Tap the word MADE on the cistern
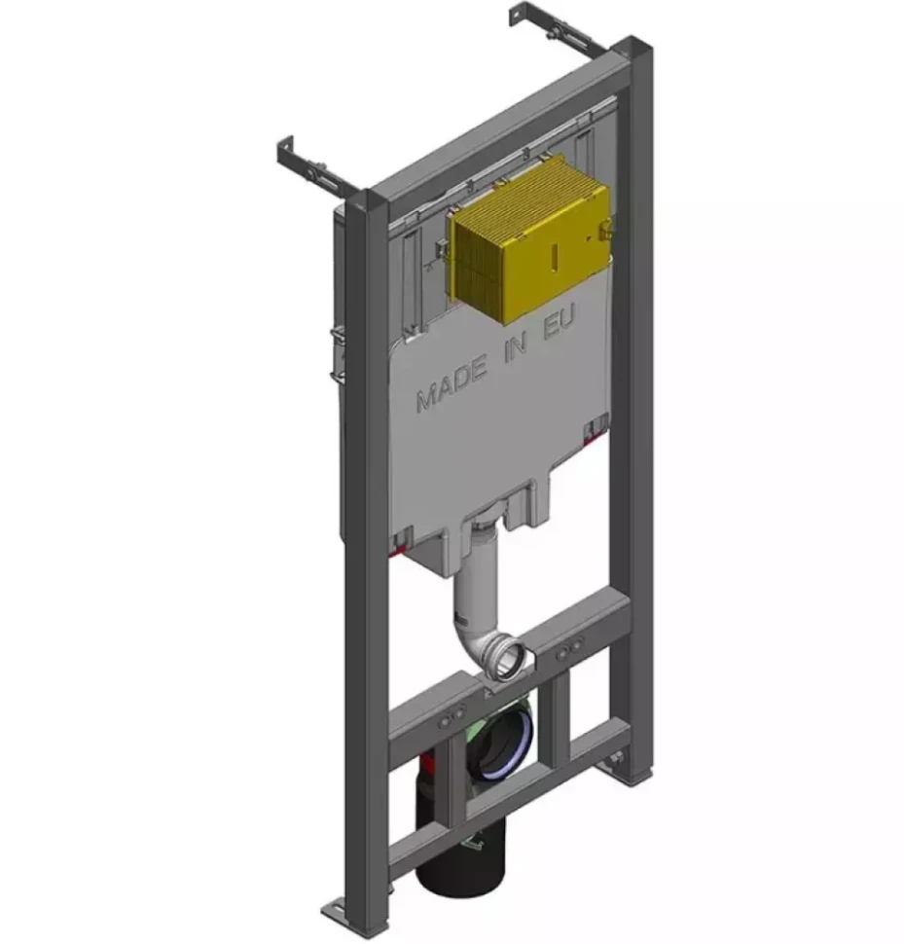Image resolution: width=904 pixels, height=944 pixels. point(452,383)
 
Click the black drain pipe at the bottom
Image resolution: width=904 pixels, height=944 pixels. point(460,843)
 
